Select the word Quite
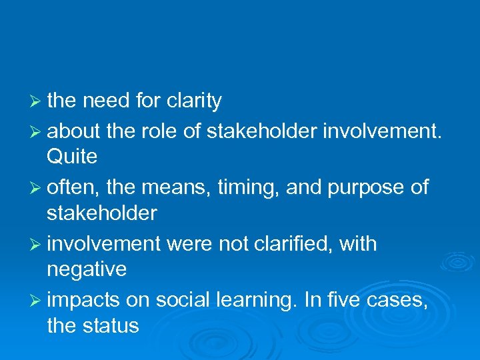point(72,157)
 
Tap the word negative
point(87,270)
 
